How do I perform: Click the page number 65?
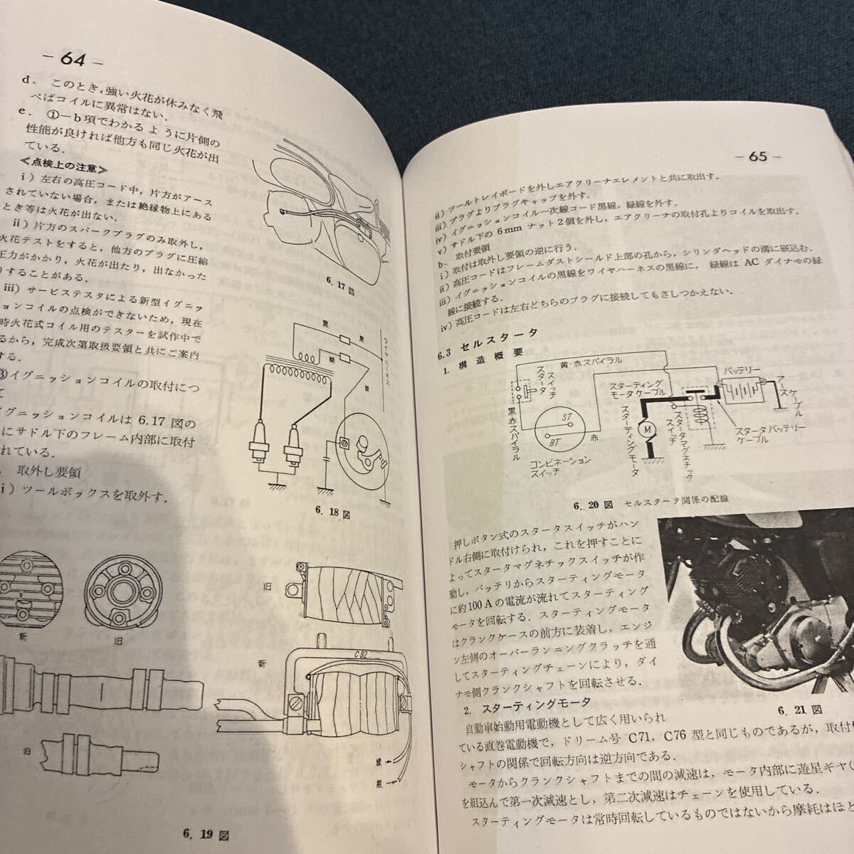point(757,157)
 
